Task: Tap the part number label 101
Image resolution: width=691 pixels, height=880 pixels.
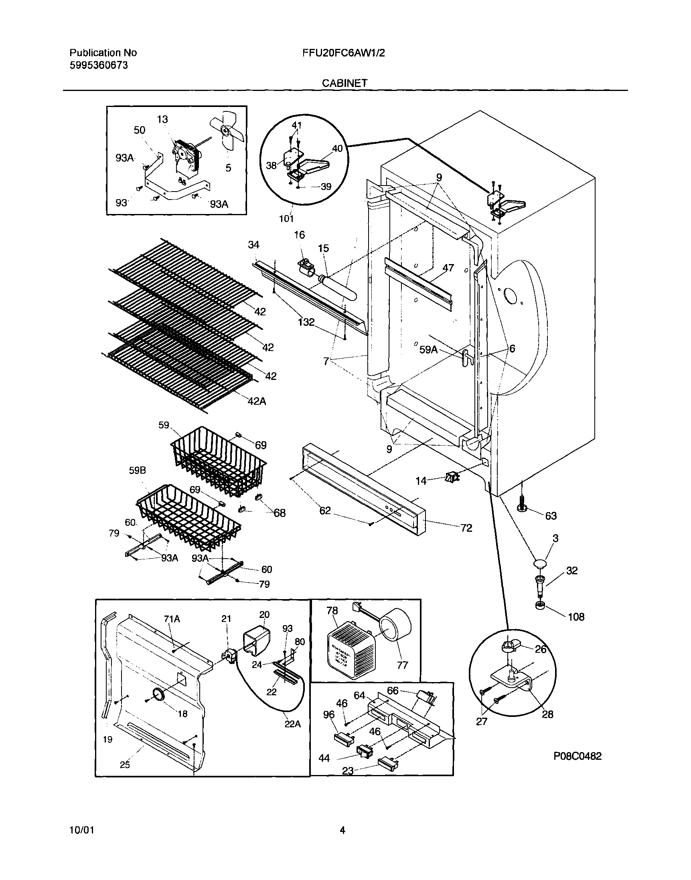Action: click(286, 219)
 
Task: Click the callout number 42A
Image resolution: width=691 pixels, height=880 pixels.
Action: click(257, 401)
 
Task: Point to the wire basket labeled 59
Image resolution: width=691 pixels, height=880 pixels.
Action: click(219, 461)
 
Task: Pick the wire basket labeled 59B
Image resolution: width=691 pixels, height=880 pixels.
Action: click(188, 517)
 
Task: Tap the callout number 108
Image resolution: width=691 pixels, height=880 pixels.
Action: click(576, 617)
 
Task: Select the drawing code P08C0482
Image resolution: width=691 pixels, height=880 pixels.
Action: click(578, 756)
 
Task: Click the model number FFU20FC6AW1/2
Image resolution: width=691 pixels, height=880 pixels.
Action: click(343, 52)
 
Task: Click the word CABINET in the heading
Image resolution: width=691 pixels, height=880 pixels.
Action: click(344, 83)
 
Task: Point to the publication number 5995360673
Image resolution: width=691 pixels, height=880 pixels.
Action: click(98, 65)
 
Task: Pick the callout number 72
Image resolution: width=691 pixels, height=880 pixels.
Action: click(466, 528)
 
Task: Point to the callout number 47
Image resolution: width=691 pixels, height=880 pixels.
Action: click(448, 268)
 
